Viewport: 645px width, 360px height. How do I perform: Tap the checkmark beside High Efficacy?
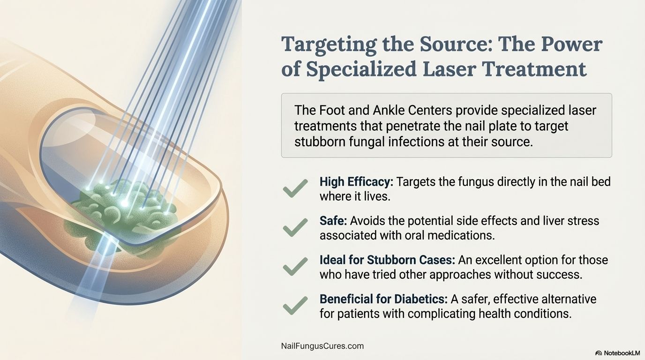click(295, 188)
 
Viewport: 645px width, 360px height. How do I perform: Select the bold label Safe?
click(333, 220)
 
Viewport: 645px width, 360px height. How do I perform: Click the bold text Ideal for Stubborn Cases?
click(387, 260)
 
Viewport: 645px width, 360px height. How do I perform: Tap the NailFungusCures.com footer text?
click(322, 346)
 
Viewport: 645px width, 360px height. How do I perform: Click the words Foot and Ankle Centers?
click(370, 111)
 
